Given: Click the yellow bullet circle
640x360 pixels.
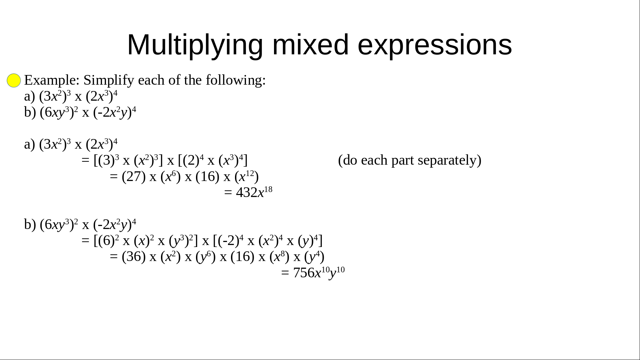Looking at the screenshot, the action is point(14,80).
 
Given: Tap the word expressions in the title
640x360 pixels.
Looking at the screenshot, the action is point(435,45).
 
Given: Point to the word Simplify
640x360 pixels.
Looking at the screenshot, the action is point(109,80).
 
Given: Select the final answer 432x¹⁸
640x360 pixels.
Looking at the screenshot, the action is point(254,192).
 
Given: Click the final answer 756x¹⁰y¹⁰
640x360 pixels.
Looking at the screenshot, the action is point(319,273).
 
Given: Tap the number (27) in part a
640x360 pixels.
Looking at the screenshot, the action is point(134,176).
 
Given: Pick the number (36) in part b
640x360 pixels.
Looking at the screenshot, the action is point(134,257).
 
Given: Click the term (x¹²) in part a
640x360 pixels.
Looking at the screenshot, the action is point(247,176).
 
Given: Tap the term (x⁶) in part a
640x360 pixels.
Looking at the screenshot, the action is point(171,176).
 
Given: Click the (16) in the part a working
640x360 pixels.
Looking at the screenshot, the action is point(207,176).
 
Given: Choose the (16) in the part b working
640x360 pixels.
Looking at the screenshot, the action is point(242,257).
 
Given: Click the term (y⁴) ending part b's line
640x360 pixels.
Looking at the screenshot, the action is point(314,257).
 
